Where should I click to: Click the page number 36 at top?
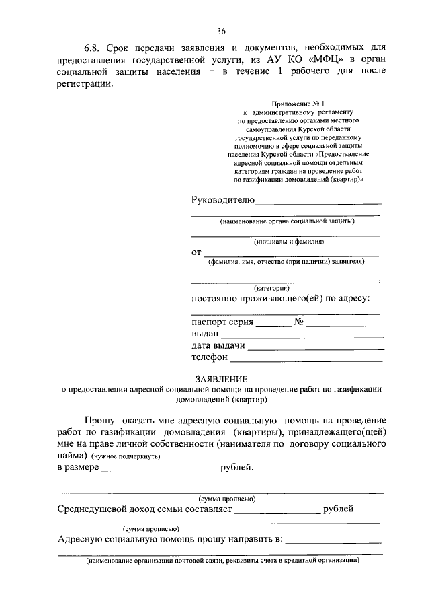[221, 31]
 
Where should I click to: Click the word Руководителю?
[222, 200]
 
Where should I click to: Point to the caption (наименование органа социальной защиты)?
[287, 221]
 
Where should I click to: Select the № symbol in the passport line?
[299, 322]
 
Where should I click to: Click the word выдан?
[205, 334]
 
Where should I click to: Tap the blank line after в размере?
[159, 468]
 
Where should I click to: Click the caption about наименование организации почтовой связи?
[222, 560]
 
